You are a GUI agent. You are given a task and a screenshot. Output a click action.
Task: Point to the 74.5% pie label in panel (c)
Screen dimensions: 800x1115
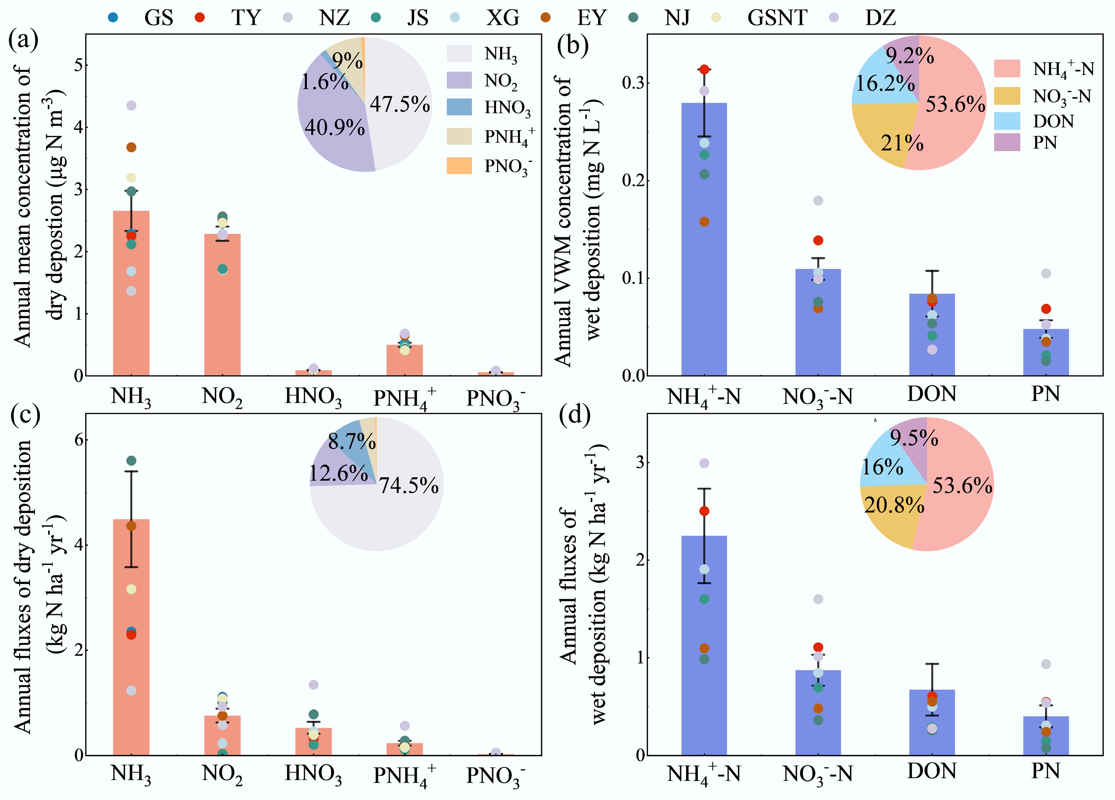tap(409, 485)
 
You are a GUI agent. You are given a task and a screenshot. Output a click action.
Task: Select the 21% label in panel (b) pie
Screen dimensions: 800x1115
tap(902, 143)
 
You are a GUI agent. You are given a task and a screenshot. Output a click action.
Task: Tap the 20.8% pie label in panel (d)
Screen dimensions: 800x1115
tap(894, 505)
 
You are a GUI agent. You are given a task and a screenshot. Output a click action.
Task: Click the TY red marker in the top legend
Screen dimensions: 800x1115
tap(199, 18)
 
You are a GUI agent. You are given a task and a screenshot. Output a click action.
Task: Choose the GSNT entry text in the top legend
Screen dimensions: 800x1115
tap(777, 18)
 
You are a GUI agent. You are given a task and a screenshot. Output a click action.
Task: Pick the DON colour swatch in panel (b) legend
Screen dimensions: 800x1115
tap(1007, 121)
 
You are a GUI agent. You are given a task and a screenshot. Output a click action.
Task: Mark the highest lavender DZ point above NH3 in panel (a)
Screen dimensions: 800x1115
tap(131, 105)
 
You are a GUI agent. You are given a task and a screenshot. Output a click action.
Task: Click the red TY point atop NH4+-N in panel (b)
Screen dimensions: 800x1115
tap(704, 69)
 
